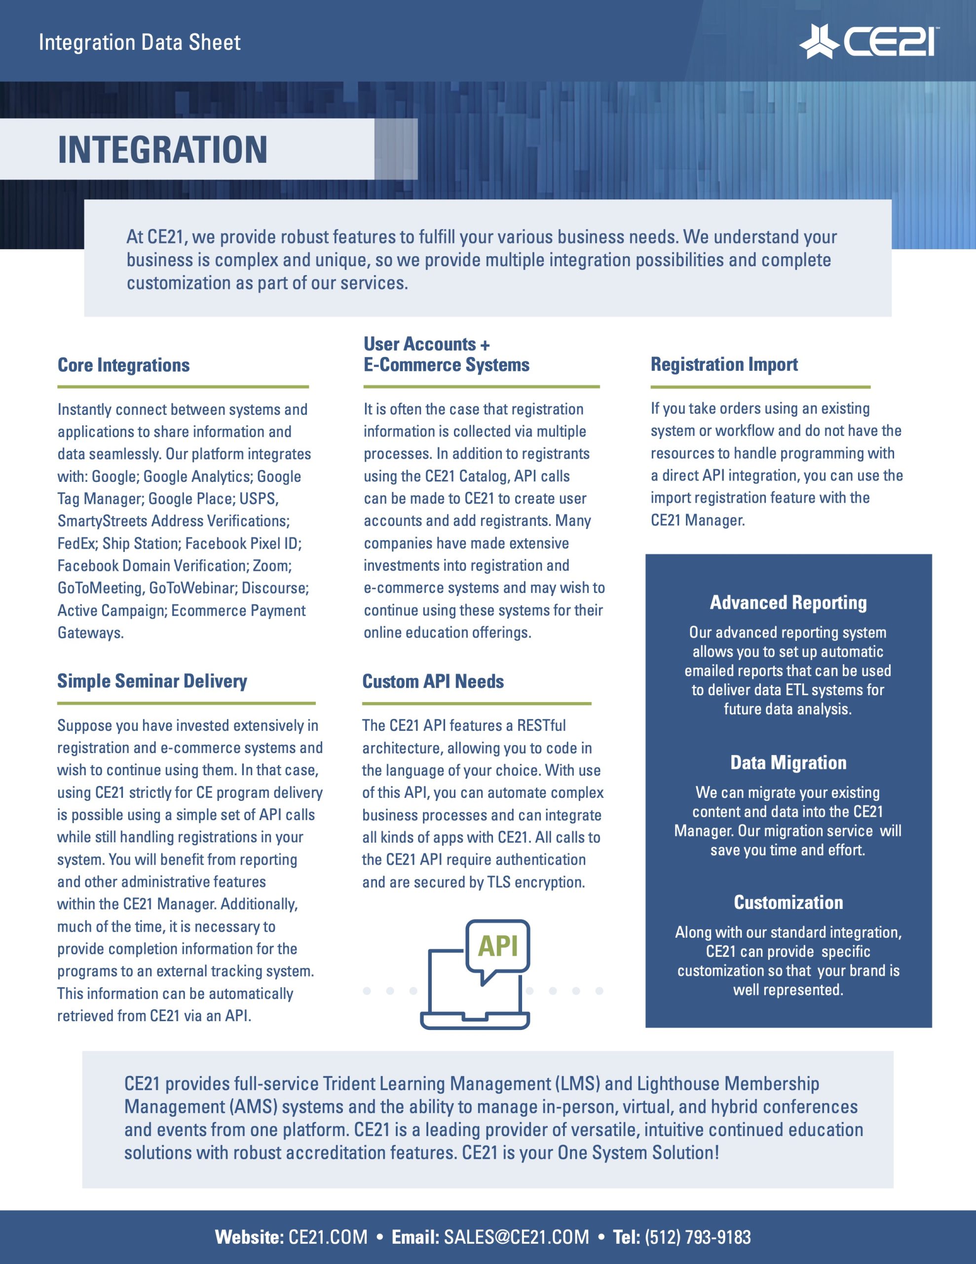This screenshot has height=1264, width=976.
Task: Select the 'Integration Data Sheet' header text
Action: (x=140, y=42)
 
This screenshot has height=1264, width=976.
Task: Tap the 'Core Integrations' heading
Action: (x=123, y=365)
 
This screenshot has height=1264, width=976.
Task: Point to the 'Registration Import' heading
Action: (x=724, y=364)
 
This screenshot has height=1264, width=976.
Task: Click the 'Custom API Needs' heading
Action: (x=433, y=681)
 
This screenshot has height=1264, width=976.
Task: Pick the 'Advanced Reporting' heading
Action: (x=788, y=602)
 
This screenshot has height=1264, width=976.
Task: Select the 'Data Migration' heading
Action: (x=788, y=762)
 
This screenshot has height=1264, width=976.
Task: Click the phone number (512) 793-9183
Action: (x=698, y=1237)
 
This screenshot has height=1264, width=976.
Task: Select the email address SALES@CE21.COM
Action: (x=516, y=1237)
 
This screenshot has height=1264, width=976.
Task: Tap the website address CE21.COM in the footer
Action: (x=328, y=1237)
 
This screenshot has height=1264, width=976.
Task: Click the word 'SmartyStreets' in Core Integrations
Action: (x=102, y=521)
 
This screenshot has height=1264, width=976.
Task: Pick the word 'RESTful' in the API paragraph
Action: (x=541, y=725)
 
